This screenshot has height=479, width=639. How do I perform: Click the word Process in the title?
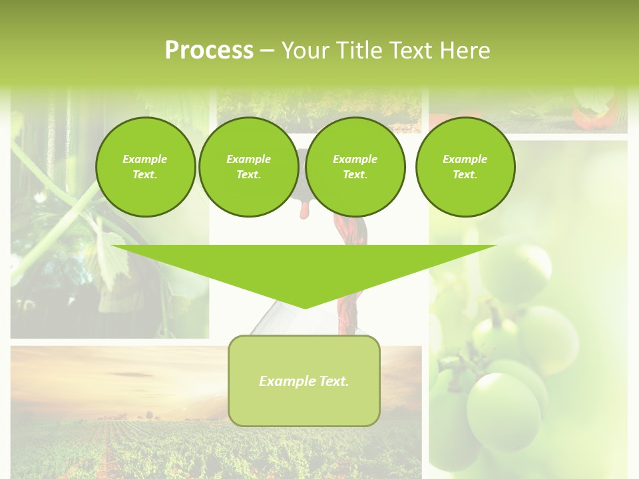click(x=209, y=50)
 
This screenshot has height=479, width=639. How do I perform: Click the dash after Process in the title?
click(x=267, y=51)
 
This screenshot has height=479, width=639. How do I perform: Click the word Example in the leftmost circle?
click(x=145, y=159)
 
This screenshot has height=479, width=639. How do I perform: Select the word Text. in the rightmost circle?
click(x=465, y=174)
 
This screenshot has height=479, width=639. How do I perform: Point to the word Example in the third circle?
click(x=355, y=159)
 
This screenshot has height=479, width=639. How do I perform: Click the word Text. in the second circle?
click(x=248, y=174)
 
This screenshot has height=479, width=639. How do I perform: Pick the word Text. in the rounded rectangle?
click(x=333, y=381)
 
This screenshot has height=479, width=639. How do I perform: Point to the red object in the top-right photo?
click(x=602, y=114)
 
